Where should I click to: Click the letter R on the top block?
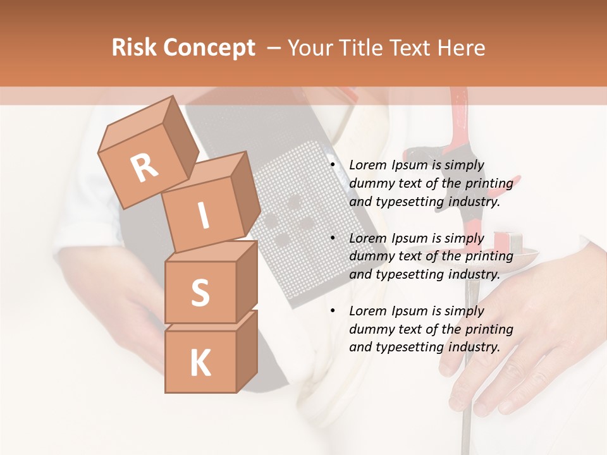(145, 167)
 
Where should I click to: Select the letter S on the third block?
(200, 293)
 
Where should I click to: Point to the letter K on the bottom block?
(200, 363)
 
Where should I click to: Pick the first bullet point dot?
(333, 166)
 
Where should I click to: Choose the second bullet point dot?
(333, 238)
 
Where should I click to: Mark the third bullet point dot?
(333, 311)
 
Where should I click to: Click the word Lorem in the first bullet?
(367, 166)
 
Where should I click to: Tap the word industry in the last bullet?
(474, 347)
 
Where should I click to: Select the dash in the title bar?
(275, 48)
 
